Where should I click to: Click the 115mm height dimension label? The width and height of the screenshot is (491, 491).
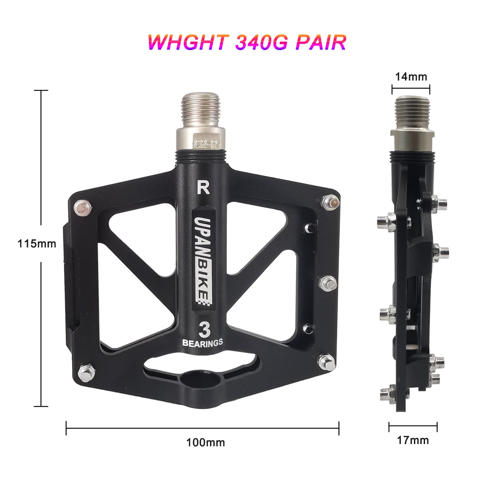coord(37,244)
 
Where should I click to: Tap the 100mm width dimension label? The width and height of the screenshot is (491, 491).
coord(206,442)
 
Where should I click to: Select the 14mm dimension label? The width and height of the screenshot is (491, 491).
coord(411,77)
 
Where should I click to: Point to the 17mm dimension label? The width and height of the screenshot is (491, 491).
coord(413,440)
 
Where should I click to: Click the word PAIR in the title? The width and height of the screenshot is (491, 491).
coord(320,42)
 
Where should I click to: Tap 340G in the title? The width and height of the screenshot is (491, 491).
coord(261,42)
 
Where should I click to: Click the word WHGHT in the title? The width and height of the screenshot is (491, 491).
coord(188,42)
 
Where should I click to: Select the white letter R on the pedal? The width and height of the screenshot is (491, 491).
coord(203,188)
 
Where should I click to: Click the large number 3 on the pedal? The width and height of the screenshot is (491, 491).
coord(204,330)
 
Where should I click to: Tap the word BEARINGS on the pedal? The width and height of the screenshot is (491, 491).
coord(203,343)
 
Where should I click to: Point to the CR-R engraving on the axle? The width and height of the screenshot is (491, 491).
coord(205,144)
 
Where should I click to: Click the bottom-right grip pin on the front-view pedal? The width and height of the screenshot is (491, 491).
coord(327,362)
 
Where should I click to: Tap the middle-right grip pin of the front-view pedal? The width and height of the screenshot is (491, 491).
coord(329,283)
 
